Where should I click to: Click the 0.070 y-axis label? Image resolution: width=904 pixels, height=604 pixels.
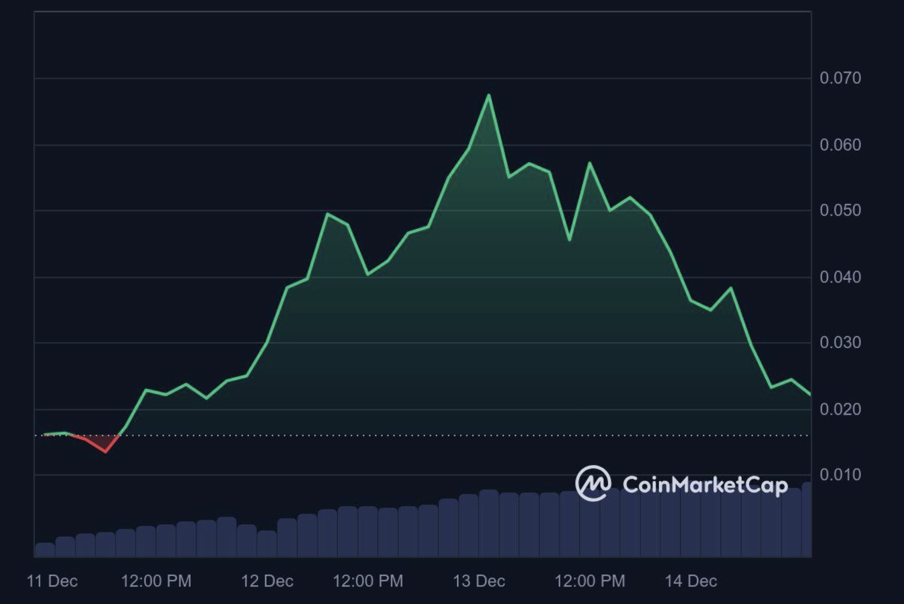(840, 78)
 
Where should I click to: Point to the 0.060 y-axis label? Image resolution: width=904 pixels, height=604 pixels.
(840, 145)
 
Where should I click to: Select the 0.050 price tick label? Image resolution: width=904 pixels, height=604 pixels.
(840, 210)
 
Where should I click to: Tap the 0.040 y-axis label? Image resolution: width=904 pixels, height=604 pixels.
(840, 277)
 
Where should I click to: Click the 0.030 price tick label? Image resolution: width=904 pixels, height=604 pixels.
(840, 342)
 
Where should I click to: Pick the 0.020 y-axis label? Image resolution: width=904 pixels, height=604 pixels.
(840, 409)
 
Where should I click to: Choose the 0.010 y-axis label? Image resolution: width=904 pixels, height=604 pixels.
(840, 474)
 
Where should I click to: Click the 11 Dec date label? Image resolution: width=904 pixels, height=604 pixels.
(52, 581)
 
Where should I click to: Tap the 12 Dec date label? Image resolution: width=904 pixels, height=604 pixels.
(267, 581)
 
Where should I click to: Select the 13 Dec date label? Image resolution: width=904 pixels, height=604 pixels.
(479, 581)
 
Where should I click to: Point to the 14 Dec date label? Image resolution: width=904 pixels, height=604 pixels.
(691, 581)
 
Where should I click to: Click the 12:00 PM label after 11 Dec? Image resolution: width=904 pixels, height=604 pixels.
(156, 581)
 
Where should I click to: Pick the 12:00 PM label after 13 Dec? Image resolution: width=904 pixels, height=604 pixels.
(590, 581)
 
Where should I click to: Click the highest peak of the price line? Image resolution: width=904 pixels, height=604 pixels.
(488, 95)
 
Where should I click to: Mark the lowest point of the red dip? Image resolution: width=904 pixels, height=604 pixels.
(106, 452)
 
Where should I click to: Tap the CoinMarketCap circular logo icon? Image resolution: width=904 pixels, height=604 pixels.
(593, 483)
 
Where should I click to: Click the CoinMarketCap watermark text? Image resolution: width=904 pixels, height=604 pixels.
(705, 485)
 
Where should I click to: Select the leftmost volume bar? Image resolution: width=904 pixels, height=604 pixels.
(45, 550)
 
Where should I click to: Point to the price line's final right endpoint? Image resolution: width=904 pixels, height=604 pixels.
(810, 395)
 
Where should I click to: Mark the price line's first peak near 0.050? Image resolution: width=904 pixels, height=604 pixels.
(327, 214)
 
